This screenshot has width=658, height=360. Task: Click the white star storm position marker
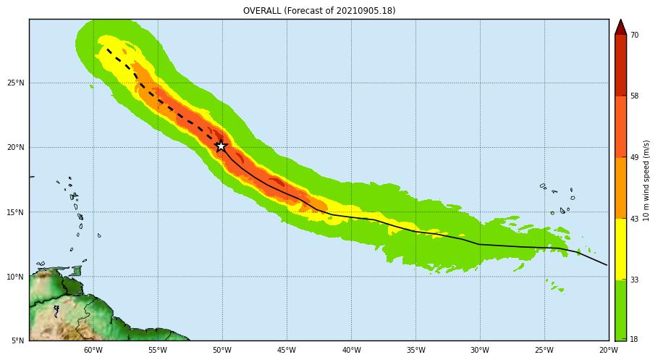click(x=222, y=146)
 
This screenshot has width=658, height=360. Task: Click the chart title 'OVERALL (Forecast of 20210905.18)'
click(x=319, y=11)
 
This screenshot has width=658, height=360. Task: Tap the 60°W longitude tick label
click(x=93, y=351)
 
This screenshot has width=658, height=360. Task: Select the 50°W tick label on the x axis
click(x=222, y=351)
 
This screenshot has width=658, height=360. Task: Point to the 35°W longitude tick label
click(x=416, y=351)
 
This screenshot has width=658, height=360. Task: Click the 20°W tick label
click(x=608, y=351)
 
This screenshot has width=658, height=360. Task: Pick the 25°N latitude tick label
click(x=16, y=83)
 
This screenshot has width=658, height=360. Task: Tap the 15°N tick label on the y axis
click(x=16, y=212)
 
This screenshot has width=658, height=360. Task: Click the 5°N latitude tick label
click(x=18, y=340)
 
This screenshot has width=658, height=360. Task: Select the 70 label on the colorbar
click(x=634, y=35)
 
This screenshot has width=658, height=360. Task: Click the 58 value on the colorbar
click(x=634, y=96)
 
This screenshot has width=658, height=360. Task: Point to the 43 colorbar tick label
click(x=634, y=219)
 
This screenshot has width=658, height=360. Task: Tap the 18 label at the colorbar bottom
click(x=634, y=340)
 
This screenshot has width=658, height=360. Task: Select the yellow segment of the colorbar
click(x=620, y=248)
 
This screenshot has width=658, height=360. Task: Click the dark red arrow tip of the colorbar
click(x=620, y=28)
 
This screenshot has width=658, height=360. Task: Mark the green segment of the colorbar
click(x=620, y=310)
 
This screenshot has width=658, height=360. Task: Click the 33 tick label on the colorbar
click(x=634, y=280)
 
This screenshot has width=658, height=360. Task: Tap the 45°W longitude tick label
click(x=286, y=351)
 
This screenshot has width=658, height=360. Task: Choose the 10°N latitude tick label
click(x=16, y=277)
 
